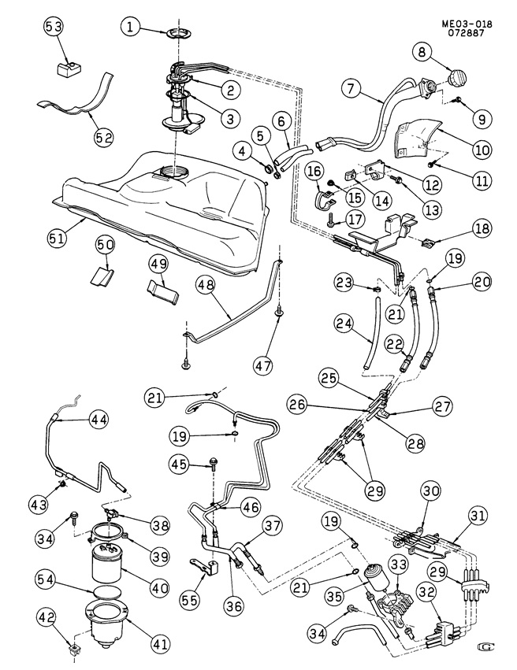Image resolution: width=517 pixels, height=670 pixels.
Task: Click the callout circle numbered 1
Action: tap(131, 29)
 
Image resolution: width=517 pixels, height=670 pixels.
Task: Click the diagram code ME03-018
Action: tap(463, 25)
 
